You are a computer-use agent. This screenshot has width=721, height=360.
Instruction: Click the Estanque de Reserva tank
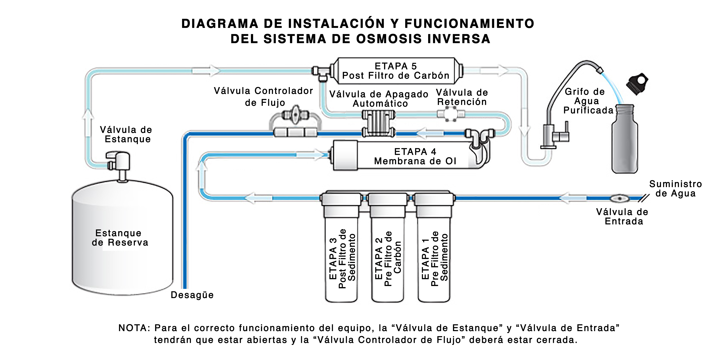[x=122, y=241]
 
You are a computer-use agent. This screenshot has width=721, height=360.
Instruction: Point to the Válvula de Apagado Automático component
[x=379, y=123]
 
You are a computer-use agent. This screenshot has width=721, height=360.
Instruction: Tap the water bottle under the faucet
[x=625, y=140]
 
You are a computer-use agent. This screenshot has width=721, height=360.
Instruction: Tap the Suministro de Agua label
[x=675, y=188]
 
